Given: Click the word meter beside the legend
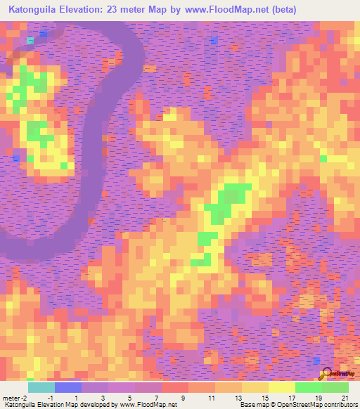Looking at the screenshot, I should [x=12, y=398].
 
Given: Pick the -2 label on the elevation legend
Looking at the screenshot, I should [x=26, y=398].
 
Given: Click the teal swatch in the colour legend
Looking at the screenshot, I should [x=41, y=387].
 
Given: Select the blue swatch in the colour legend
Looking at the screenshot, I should [x=68, y=387].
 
